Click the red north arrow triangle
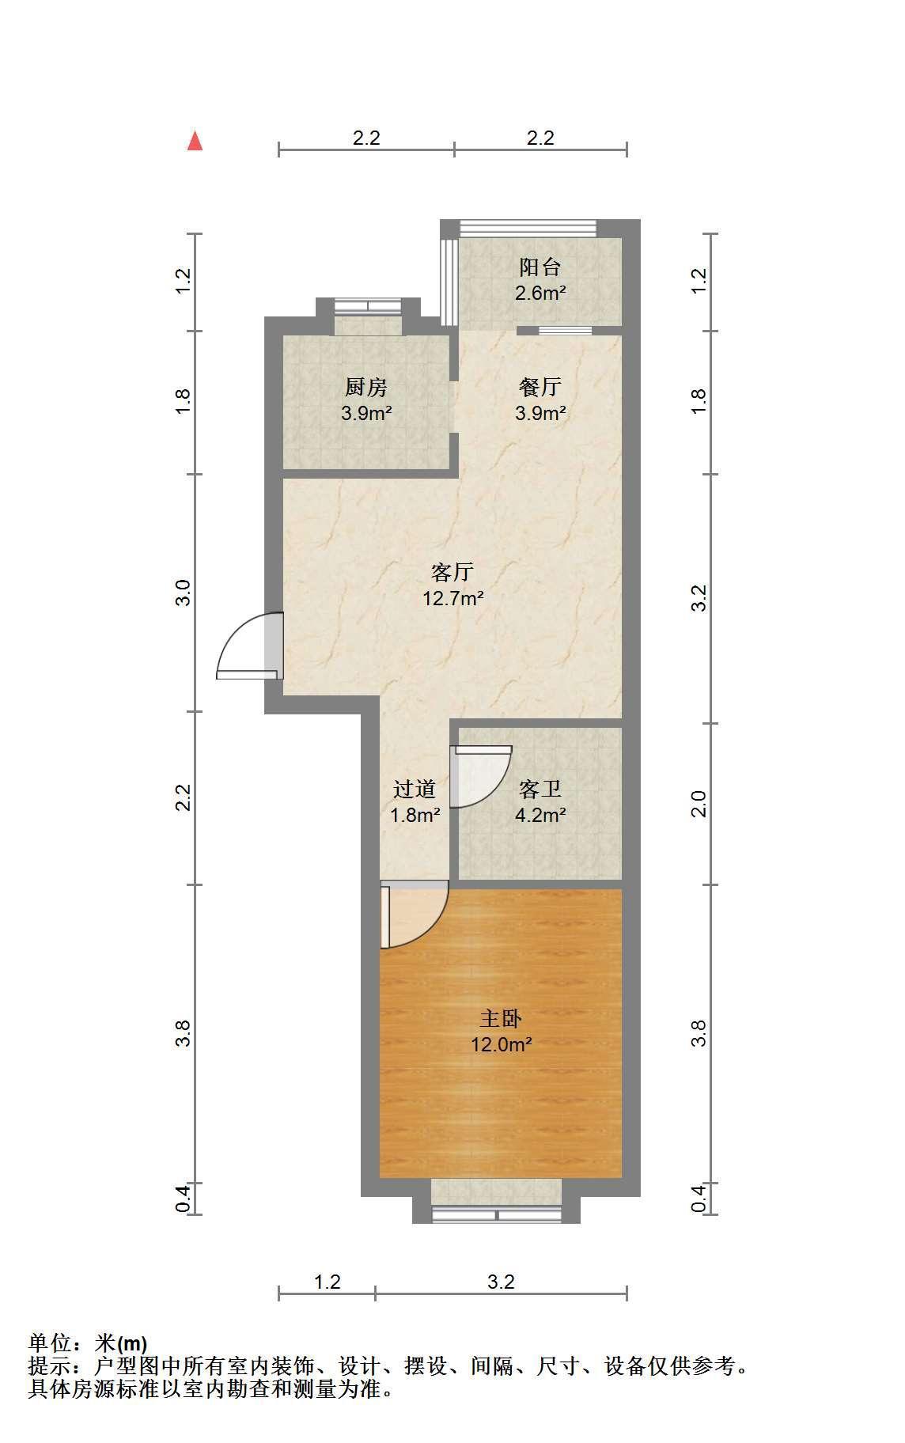195,142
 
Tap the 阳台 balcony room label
540,267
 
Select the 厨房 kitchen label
366,388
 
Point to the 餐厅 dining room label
540,387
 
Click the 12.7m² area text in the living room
452,598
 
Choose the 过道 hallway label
415,789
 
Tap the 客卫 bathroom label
540,789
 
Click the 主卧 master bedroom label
501,1019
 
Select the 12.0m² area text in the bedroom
501,1044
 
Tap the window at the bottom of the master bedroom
496,1214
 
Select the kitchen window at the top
368,305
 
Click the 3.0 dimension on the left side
183,593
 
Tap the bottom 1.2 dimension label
327,1282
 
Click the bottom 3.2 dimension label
501,1282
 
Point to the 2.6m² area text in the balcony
540,294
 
